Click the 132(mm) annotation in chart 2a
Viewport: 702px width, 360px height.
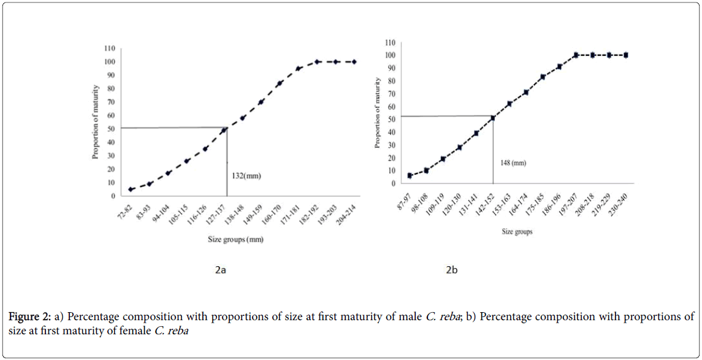coord(245,176)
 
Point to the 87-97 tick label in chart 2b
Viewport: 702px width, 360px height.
coord(404,197)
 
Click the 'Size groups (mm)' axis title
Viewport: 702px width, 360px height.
coord(235,240)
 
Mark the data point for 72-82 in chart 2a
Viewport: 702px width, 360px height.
coord(131,190)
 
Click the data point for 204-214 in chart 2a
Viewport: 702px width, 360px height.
coord(354,62)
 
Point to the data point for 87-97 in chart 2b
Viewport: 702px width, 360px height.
coord(410,175)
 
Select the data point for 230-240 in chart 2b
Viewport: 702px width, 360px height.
coord(626,55)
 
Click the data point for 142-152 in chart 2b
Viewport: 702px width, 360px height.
coord(493,118)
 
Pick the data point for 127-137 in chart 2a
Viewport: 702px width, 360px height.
coord(224,130)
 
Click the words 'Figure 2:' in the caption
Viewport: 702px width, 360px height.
coord(28,318)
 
